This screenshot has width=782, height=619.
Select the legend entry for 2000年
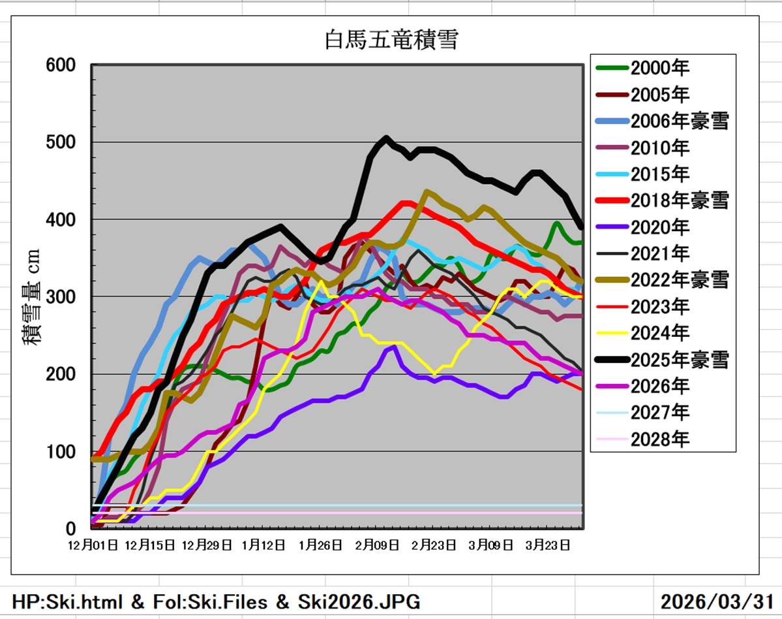click(659, 67)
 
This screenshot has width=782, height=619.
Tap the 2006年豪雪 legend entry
click(678, 121)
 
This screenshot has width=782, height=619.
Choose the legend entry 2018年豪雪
click(678, 200)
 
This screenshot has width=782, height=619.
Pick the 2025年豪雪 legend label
click(678, 359)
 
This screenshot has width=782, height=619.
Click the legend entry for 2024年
click(659, 333)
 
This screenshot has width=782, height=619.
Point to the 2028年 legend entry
click(659, 439)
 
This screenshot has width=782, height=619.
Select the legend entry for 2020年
click(659, 227)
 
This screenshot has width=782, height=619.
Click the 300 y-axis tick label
click(61, 296)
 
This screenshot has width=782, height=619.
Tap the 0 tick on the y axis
click(70, 528)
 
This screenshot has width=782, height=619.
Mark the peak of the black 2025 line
click(386, 138)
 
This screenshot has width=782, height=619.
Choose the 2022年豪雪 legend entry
click(678, 280)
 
